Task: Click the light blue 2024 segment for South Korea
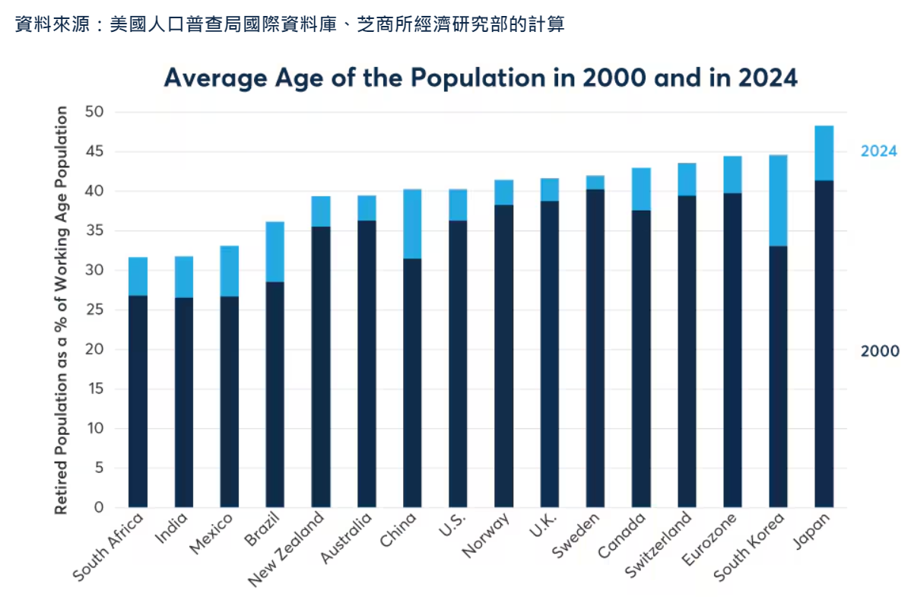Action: point(778,201)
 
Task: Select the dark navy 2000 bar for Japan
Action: point(824,344)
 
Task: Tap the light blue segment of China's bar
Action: point(412,224)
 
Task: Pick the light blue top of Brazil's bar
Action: point(275,252)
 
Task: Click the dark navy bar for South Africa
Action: point(138,401)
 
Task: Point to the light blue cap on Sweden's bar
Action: point(595,183)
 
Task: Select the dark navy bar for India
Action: point(183,402)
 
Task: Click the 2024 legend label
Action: point(878,151)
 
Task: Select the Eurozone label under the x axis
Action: point(709,539)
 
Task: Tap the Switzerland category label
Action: point(659,545)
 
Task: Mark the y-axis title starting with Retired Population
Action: point(62,310)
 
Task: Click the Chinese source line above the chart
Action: point(289,24)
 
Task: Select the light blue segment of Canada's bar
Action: point(641,189)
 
